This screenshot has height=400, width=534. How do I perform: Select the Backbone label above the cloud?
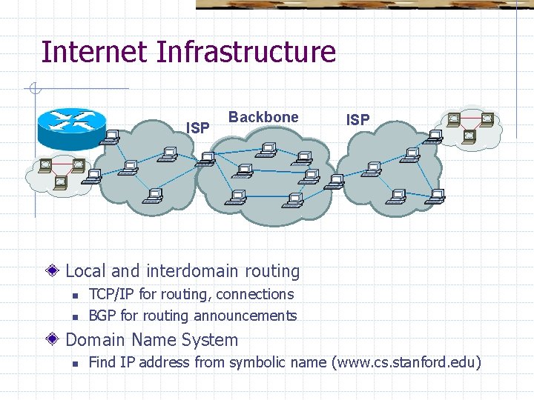[263, 117]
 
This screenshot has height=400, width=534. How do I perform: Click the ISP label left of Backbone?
[197, 128]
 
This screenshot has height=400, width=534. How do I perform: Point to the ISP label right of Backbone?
[357, 119]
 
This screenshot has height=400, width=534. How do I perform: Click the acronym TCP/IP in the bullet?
[111, 294]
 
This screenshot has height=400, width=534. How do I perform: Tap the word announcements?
[245, 316]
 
